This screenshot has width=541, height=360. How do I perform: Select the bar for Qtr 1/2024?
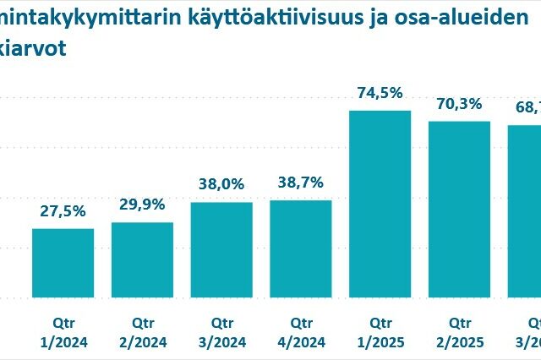click(x=63, y=263)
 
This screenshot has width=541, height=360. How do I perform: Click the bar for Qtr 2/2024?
click(x=142, y=259)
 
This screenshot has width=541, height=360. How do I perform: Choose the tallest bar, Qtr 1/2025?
click(x=380, y=204)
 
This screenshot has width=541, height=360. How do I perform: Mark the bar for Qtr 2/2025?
click(x=460, y=209)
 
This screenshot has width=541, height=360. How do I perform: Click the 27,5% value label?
click(x=63, y=211)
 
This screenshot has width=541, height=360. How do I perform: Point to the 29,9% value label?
click(x=142, y=205)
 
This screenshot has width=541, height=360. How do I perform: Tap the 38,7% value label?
click(x=301, y=183)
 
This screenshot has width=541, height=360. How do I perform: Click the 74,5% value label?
click(x=380, y=94)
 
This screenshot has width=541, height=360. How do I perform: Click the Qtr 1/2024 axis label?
click(x=63, y=332)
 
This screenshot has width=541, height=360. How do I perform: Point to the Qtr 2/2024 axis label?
click(x=142, y=332)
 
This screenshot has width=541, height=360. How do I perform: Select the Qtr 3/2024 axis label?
click(x=221, y=332)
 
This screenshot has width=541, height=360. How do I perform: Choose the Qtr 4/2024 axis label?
click(x=301, y=332)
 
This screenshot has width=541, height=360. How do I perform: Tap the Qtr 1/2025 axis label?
click(x=380, y=332)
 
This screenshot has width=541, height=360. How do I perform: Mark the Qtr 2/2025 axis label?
click(x=460, y=332)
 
